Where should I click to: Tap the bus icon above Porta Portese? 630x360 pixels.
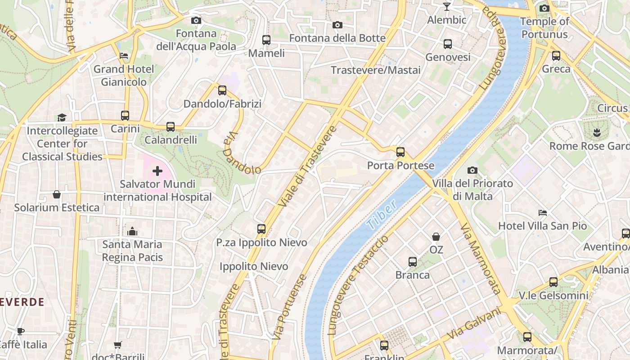pyautogui.click(x=400, y=152)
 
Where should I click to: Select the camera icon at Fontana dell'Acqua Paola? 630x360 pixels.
pyautogui.click(x=196, y=20)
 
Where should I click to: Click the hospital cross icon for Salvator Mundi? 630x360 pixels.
pyautogui.click(x=157, y=171)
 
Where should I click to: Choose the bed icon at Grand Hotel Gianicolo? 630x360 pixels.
pyautogui.click(x=124, y=56)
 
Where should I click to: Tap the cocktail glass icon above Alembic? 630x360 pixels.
pyautogui.click(x=446, y=7)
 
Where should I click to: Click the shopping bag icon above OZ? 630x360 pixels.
pyautogui.click(x=436, y=236)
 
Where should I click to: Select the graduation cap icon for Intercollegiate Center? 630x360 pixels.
pyautogui.click(x=62, y=117)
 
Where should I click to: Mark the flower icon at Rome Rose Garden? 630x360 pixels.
pyautogui.click(x=596, y=133)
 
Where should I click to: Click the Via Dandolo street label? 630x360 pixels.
pyautogui.click(x=242, y=153)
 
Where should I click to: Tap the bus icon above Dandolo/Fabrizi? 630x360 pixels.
pyautogui.click(x=222, y=90)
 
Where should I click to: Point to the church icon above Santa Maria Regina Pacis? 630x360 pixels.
pyautogui.click(x=132, y=231)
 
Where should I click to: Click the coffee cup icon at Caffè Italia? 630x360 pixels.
pyautogui.click(x=21, y=331)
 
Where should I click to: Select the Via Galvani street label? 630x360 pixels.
pyautogui.click(x=474, y=324)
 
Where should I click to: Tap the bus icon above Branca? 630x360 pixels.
pyautogui.click(x=412, y=262)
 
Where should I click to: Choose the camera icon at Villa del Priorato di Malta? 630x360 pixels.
pyautogui.click(x=472, y=170)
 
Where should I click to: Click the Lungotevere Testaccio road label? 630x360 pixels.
pyautogui.click(x=359, y=285)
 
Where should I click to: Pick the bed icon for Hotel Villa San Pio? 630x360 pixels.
pyautogui.click(x=543, y=212)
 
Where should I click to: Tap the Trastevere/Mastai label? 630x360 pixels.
pyautogui.click(x=376, y=70)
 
